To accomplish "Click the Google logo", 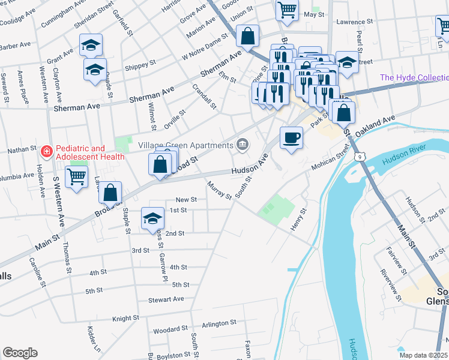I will coord(20,353).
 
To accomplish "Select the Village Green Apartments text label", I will coord(185,145).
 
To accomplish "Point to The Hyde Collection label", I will coord(414,78).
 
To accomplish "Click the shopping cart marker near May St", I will coord(288,9).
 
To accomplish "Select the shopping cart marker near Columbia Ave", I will coord(77,177).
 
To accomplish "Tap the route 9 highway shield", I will coord(359,157).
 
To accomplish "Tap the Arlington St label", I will coord(219,323).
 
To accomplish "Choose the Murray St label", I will coord(220,190).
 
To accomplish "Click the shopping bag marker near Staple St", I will coord(110,193).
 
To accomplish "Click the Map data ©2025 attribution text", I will coord(423,355).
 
